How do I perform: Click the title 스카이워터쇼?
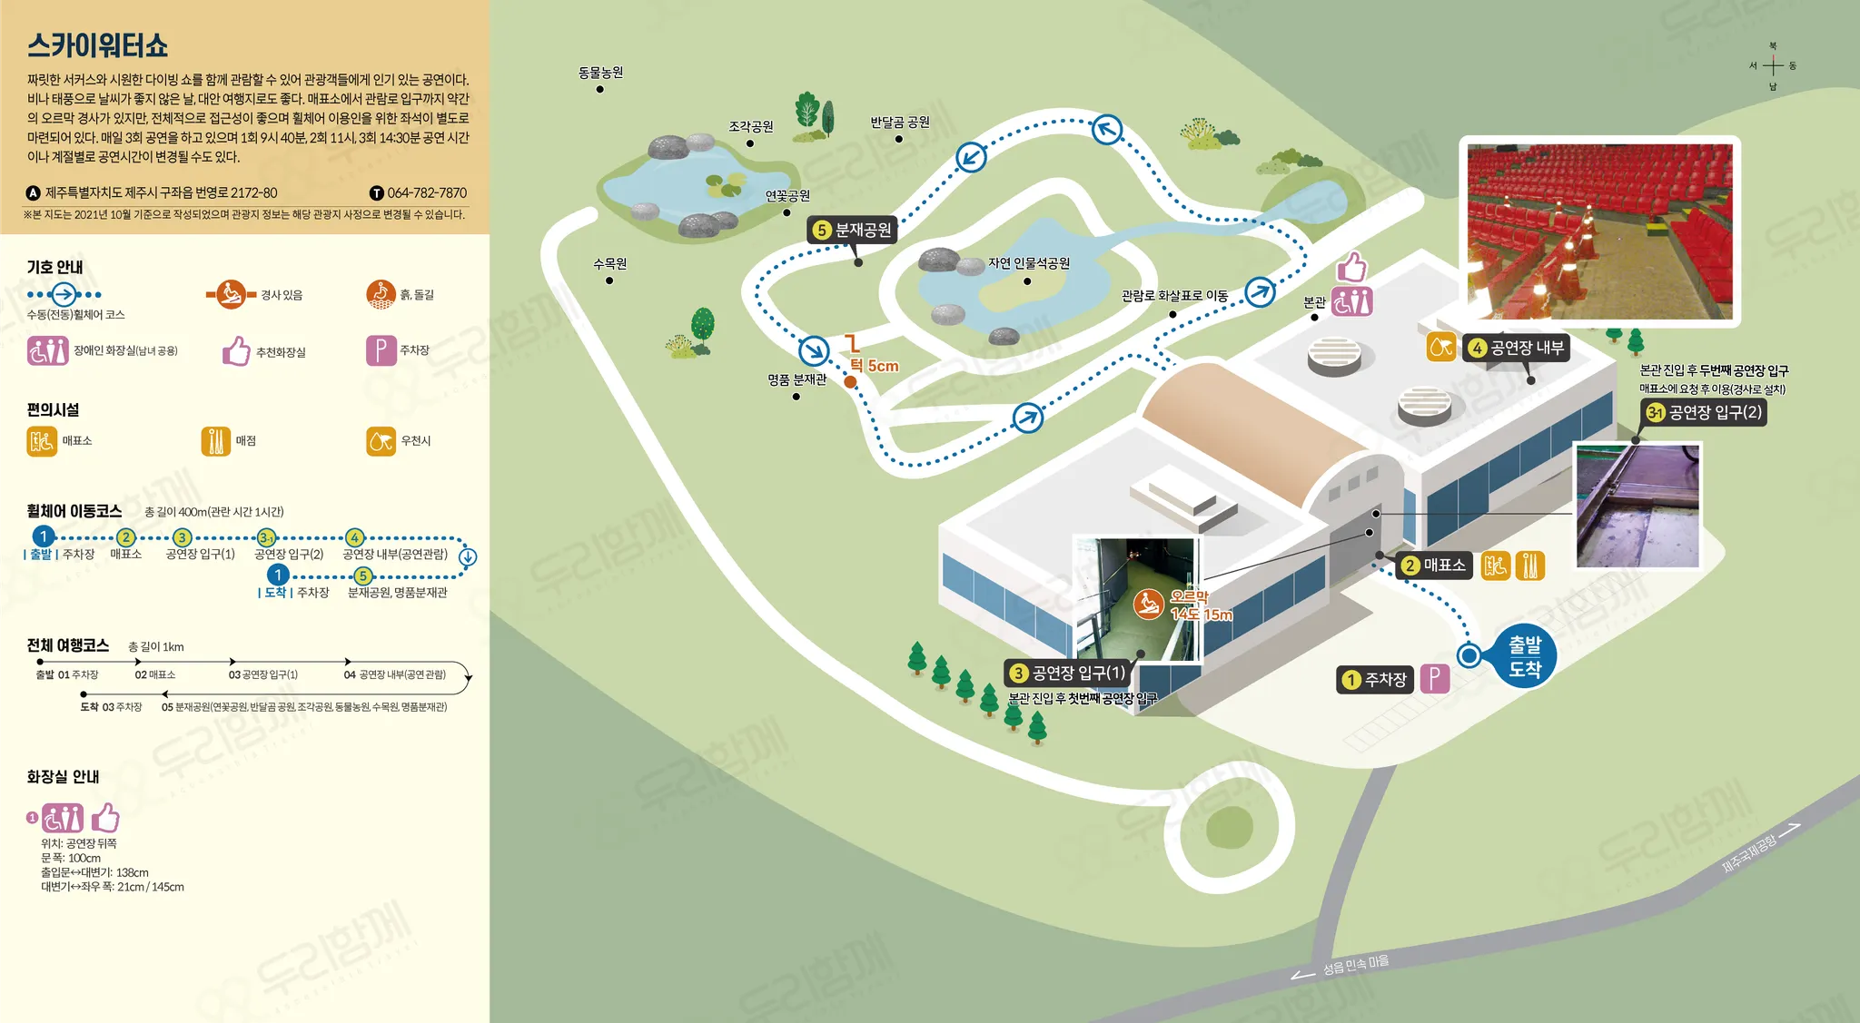[x=97, y=45]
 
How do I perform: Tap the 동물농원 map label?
[x=600, y=73]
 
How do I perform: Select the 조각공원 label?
[x=750, y=127]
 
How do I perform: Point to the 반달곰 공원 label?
[x=899, y=123]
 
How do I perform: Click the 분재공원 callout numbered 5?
[x=853, y=230]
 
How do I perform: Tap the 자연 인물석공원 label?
[x=1028, y=263]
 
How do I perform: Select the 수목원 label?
[x=609, y=264]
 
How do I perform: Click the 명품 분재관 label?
[x=796, y=379]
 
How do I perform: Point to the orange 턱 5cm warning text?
[x=874, y=366]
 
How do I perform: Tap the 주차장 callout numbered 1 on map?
[x=1375, y=679]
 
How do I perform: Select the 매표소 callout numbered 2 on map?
[x=1433, y=566]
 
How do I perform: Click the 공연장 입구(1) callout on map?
[x=1067, y=673]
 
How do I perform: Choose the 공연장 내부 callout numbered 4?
[x=1516, y=348]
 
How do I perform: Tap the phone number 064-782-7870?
[x=426, y=193]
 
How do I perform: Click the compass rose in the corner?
[x=1772, y=65]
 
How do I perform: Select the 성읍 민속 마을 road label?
[x=1354, y=965]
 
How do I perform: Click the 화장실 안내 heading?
[x=63, y=777]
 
